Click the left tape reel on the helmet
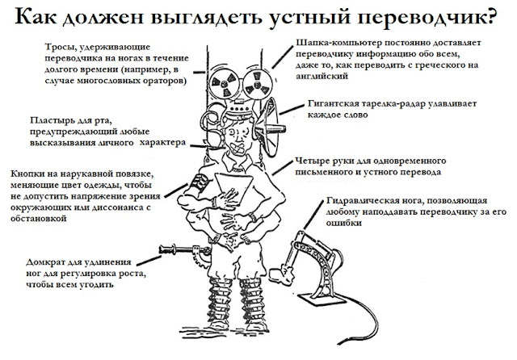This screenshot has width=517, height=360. tap(220, 83)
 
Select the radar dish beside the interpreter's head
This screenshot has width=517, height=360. tap(270, 121)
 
